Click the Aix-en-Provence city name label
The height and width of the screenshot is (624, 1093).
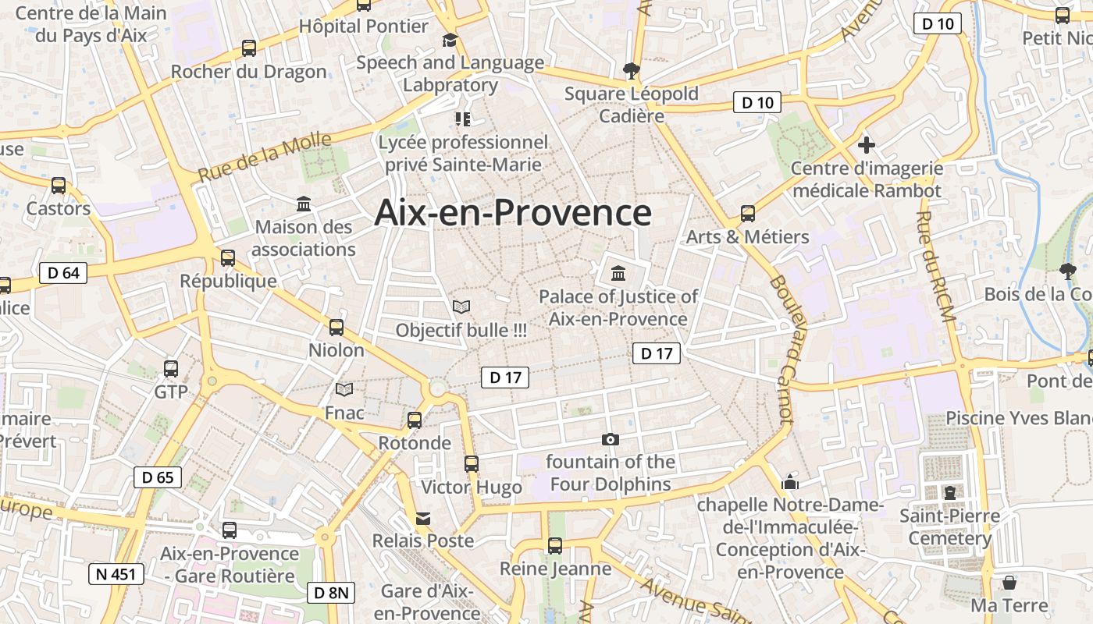tap(513, 213)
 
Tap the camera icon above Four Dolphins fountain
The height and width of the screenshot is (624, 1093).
tap(611, 440)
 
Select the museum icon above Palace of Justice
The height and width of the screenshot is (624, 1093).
tap(618, 273)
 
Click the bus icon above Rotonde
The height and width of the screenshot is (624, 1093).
tap(415, 420)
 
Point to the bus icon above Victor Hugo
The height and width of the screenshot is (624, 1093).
tap(472, 464)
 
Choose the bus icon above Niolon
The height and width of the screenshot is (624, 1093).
tap(336, 328)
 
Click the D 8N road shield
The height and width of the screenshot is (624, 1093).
tap(331, 593)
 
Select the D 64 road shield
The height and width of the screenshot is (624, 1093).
tap(63, 273)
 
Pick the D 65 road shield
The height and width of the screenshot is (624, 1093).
tap(158, 477)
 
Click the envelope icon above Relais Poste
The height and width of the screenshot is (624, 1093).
tap(422, 519)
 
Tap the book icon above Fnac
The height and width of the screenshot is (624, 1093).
tap(344, 389)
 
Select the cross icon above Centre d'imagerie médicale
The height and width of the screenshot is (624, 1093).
tap(866, 145)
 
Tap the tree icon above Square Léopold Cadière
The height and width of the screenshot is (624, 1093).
tap(631, 71)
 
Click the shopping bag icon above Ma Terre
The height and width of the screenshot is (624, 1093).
tap(1009, 583)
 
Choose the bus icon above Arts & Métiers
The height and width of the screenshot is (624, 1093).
tap(748, 214)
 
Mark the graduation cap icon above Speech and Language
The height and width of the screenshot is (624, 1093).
tap(450, 40)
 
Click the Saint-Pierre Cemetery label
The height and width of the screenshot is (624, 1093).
tap(949, 526)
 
